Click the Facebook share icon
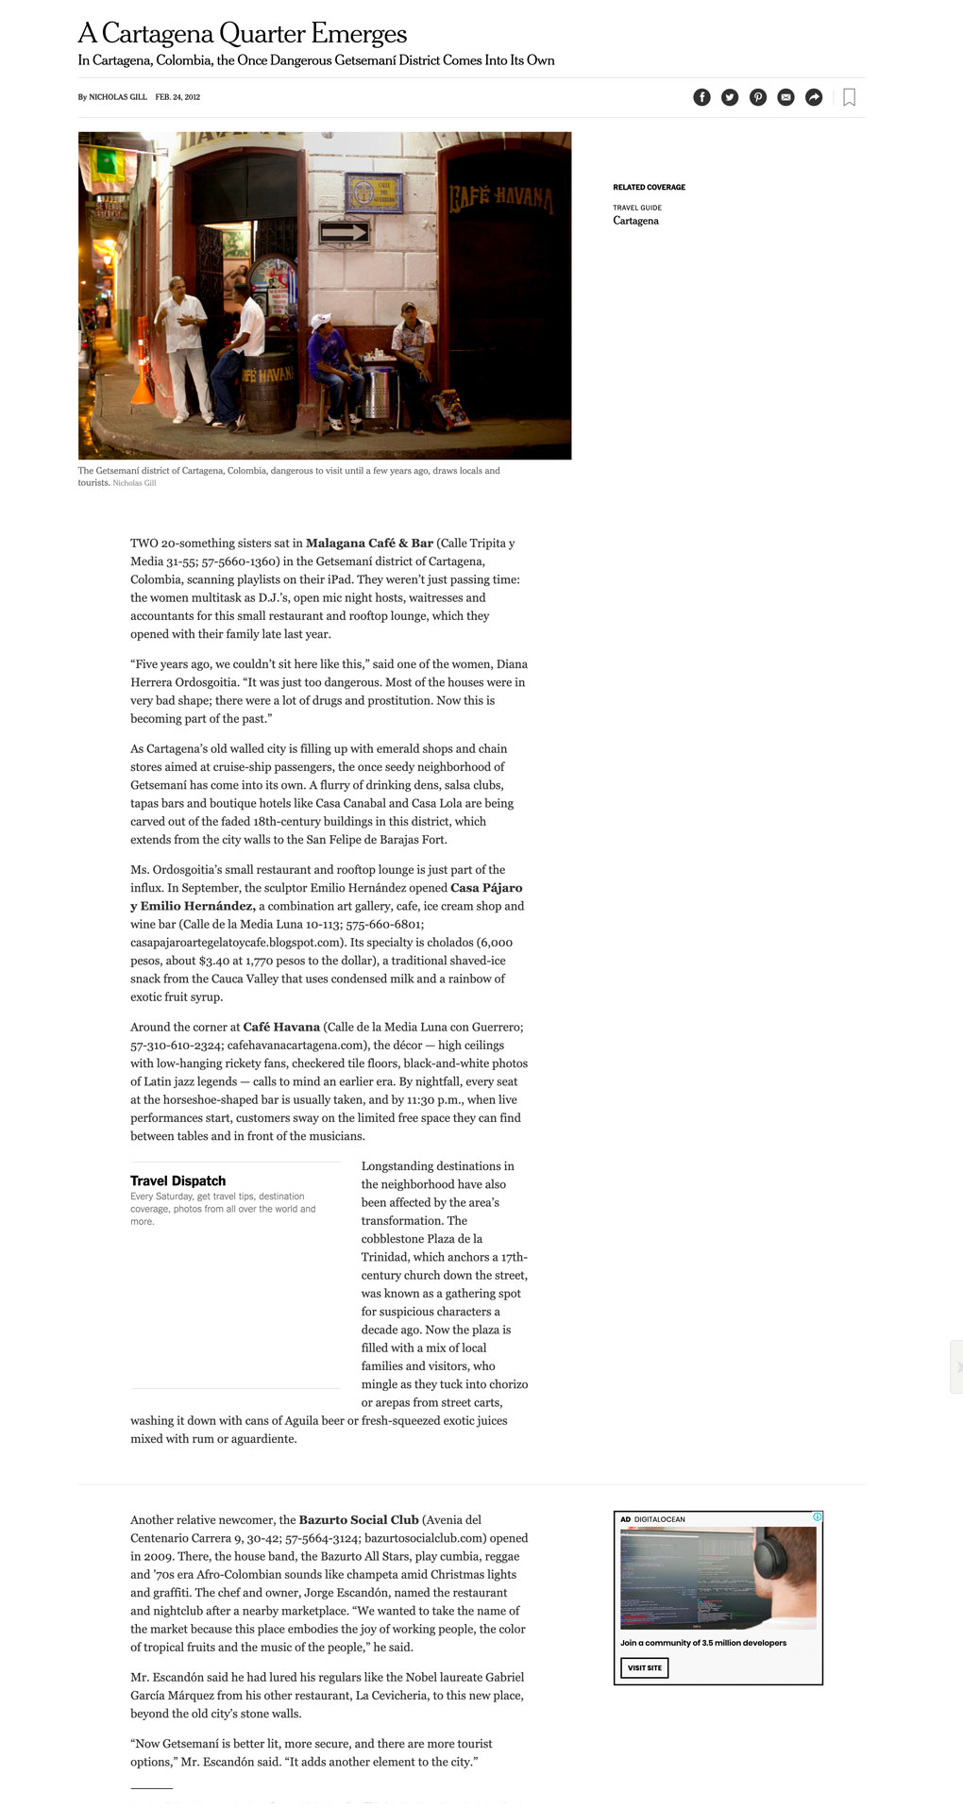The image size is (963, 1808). tap(701, 97)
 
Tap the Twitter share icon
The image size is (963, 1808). tap(730, 97)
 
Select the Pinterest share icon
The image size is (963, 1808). tap(758, 97)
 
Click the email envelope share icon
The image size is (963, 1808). tap(786, 97)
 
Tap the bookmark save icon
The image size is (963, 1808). tap(849, 97)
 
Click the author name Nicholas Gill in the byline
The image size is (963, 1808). tap(117, 97)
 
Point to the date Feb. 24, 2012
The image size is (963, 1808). tap(177, 97)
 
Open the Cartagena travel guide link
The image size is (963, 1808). tap(635, 221)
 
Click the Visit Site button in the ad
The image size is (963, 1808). tap(644, 1667)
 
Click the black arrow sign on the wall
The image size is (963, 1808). tap(344, 232)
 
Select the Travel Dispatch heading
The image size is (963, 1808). tap(177, 1180)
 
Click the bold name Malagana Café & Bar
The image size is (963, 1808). tap(369, 544)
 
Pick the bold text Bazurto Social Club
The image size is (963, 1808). tap(358, 1520)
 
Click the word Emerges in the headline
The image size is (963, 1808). tap(359, 34)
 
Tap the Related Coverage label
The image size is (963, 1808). tap(649, 187)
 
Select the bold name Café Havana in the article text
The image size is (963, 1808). tap(281, 1027)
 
